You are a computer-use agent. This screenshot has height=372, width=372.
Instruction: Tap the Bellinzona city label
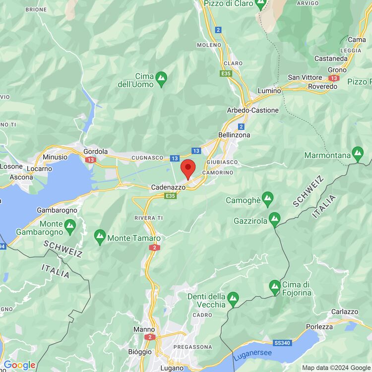234,135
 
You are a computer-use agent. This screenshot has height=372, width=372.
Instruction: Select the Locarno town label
40,169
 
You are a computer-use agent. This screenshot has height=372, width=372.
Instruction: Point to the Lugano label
172,368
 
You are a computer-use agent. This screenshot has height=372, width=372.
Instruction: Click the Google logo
20,366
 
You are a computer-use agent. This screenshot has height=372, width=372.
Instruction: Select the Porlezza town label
319,327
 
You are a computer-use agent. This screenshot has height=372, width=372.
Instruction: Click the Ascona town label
21,177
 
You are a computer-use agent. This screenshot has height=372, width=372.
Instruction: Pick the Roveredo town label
322,86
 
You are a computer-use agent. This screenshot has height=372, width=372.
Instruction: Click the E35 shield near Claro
227,73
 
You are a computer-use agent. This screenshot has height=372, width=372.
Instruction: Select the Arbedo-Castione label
252,110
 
